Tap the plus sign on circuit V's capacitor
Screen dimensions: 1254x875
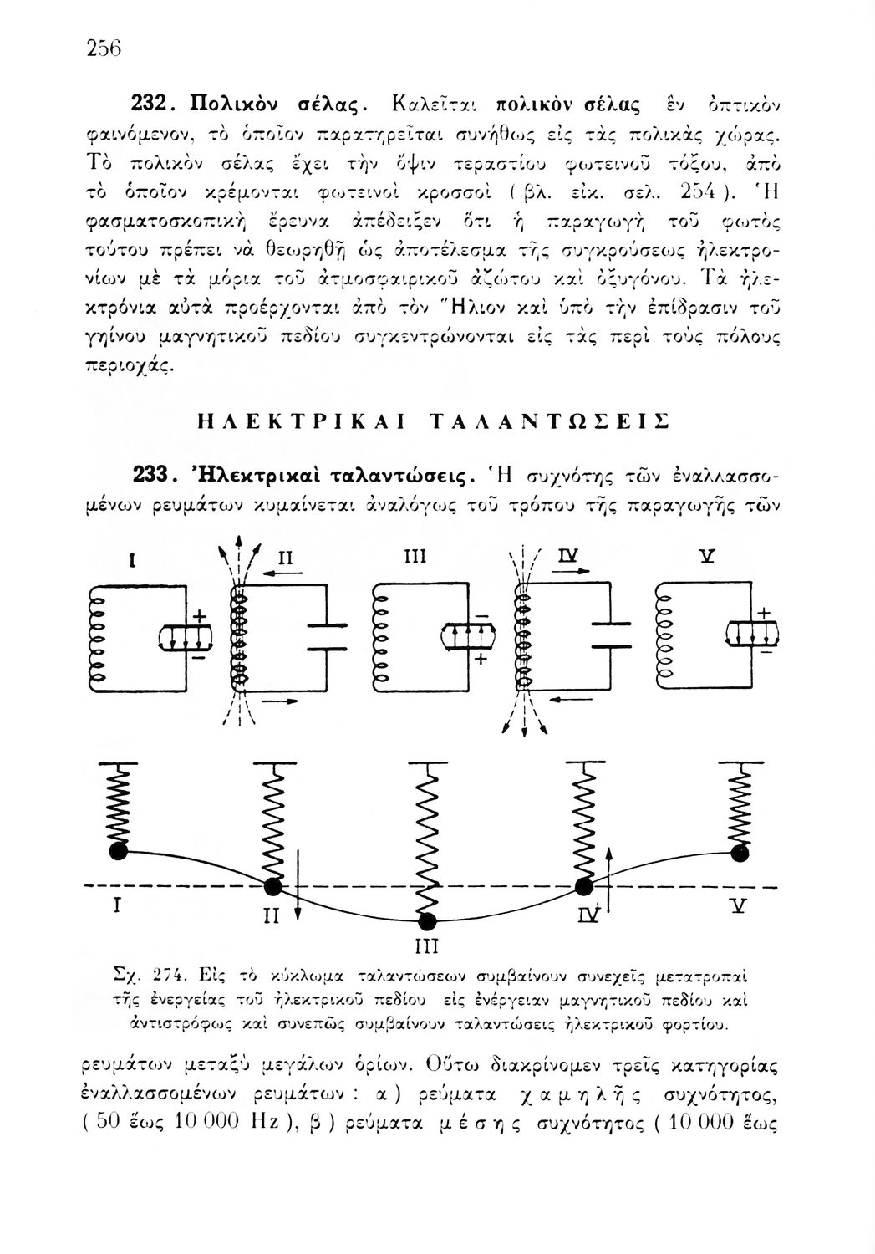tap(763, 612)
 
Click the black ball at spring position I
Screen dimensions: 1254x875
tap(119, 851)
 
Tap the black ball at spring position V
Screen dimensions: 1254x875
tap(739, 853)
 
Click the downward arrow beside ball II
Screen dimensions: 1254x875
tap(298, 895)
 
